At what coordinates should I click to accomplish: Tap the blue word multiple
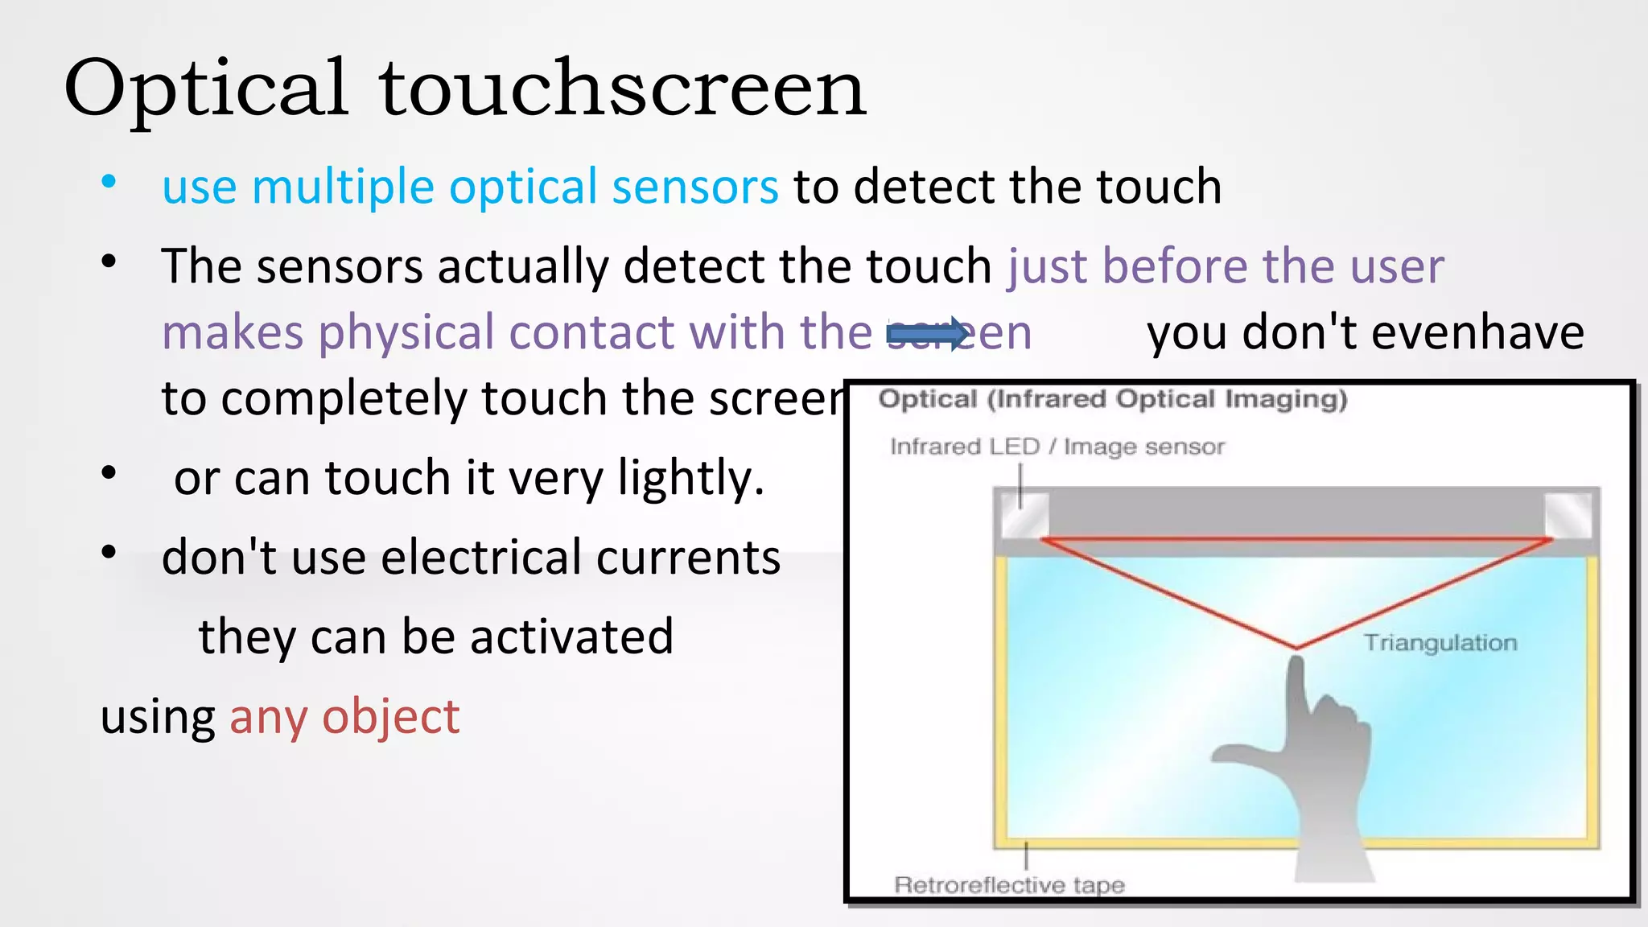coord(343,187)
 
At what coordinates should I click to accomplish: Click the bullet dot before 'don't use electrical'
coord(109,552)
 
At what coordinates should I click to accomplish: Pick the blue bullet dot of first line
coord(109,182)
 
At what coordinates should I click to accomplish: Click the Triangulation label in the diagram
coord(1440,642)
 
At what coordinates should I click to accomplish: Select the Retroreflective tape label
coord(1009,884)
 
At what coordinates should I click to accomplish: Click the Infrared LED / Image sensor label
coord(1057,447)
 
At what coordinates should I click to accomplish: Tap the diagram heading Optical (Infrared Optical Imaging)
coord(1112,399)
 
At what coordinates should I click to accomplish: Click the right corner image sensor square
coord(1568,515)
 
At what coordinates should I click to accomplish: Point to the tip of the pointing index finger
coord(1296,663)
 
